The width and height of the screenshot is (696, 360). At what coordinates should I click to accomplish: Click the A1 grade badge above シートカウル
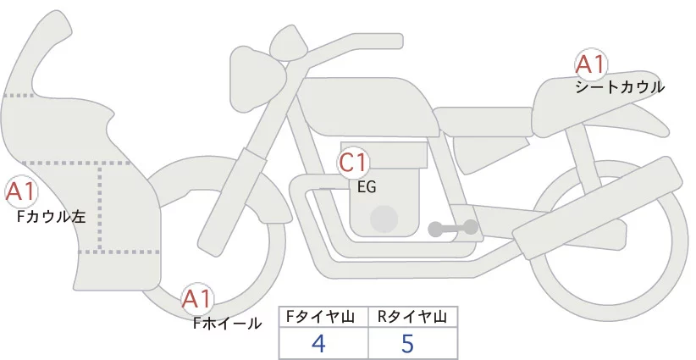[590, 65]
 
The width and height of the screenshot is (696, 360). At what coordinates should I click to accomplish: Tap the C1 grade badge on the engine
[353, 162]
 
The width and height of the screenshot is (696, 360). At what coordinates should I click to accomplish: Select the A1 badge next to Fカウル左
[20, 192]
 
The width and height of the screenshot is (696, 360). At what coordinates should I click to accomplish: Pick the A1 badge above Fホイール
[198, 300]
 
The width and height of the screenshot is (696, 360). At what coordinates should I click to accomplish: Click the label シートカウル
[620, 87]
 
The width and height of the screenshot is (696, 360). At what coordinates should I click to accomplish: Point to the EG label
[367, 186]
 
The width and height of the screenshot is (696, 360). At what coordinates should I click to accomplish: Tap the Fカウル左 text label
[52, 217]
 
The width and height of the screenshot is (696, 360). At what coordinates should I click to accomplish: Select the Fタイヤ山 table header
[323, 317]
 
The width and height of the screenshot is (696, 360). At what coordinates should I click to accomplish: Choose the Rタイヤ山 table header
[412, 317]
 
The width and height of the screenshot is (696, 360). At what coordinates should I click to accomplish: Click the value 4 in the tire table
[319, 344]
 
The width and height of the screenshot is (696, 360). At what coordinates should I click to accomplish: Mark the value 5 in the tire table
[409, 344]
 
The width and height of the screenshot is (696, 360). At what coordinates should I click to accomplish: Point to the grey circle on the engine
[385, 218]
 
